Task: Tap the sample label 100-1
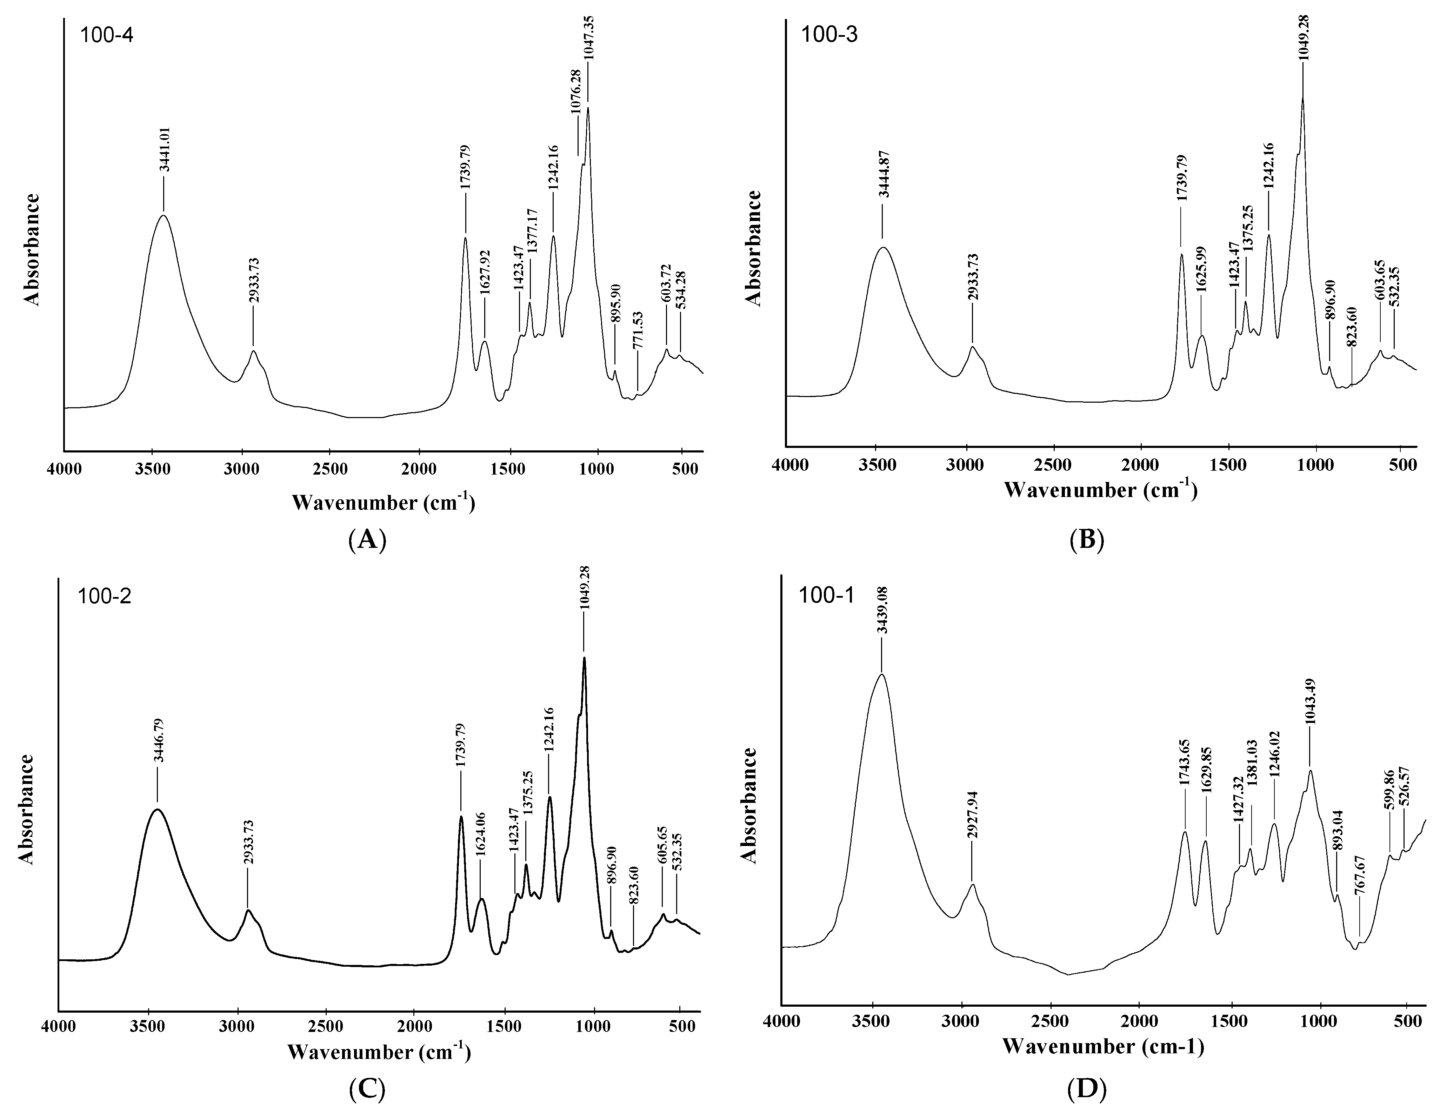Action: click(x=826, y=595)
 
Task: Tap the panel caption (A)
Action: click(x=367, y=540)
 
